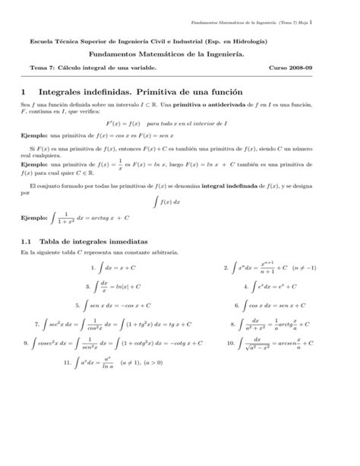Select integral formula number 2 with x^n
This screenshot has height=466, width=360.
[x=258, y=268]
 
